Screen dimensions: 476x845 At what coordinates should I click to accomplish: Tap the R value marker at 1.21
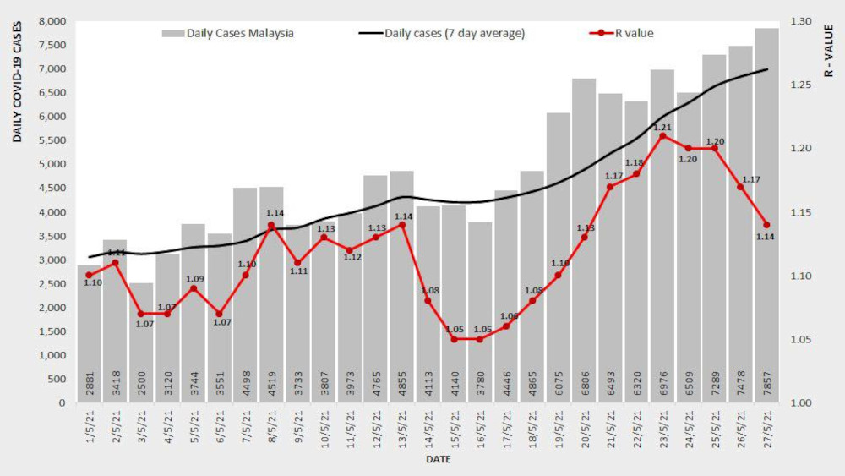662,135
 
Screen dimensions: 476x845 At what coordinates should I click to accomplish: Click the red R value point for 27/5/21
766,225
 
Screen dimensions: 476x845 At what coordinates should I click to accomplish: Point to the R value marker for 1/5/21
89,275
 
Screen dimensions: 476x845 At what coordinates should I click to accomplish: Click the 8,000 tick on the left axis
52,21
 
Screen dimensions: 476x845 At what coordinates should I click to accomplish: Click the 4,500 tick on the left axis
52,189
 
